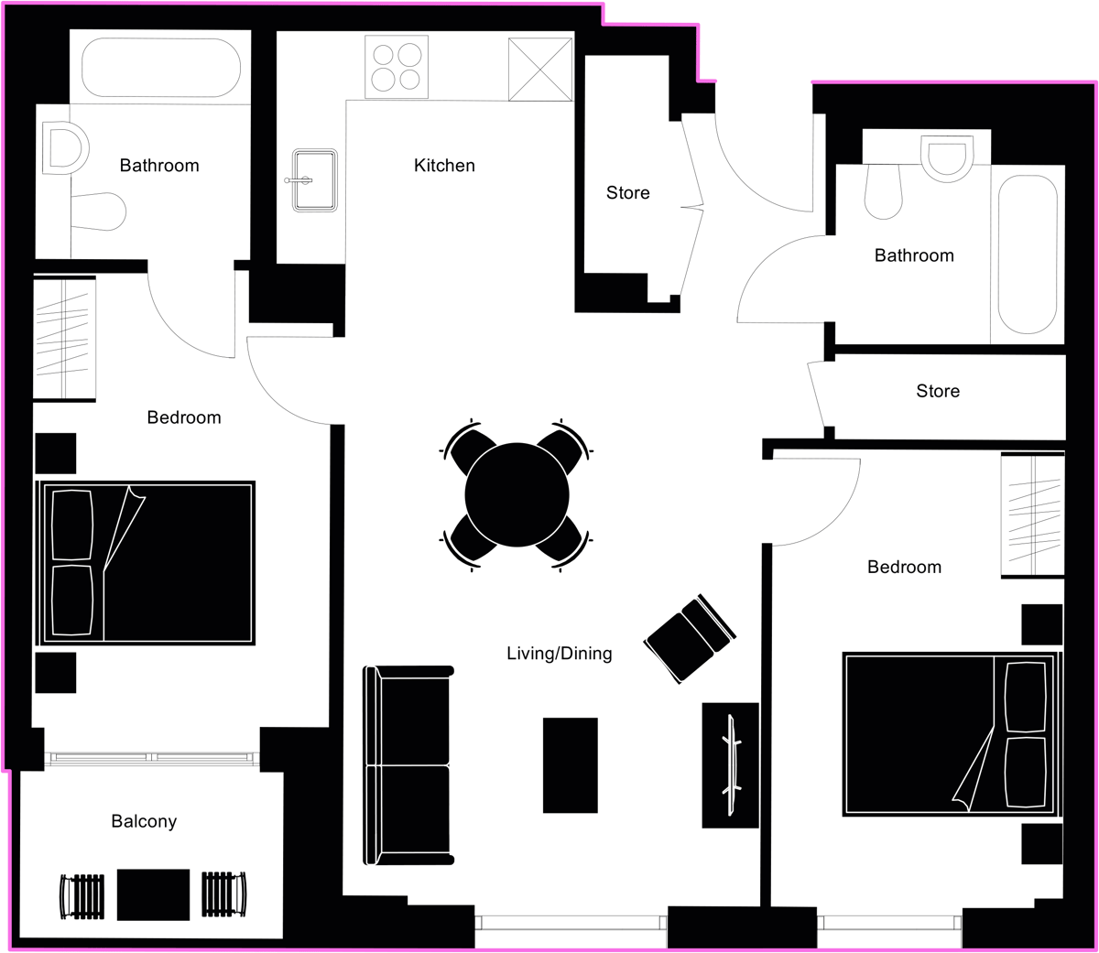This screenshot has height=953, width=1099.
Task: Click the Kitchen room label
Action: pyautogui.click(x=444, y=166)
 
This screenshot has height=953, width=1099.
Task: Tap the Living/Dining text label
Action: pyautogui.click(x=560, y=654)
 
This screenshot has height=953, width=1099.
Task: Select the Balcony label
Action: pyautogui.click(x=144, y=821)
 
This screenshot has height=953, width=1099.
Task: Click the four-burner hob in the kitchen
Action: pyautogui.click(x=397, y=67)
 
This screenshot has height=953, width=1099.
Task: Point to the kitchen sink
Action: pyautogui.click(x=315, y=179)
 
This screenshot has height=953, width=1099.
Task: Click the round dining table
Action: pyautogui.click(x=517, y=495)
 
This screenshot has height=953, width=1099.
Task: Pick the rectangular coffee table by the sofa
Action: pyautogui.click(x=570, y=765)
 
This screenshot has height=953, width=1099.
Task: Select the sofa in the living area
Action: pyautogui.click(x=408, y=765)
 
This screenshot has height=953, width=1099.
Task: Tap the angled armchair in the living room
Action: pyautogui.click(x=690, y=639)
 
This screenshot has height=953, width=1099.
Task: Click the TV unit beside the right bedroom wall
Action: pyautogui.click(x=730, y=765)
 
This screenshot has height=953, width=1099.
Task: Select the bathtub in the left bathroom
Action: pyautogui.click(x=161, y=68)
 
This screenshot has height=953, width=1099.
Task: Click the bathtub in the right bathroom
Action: pyautogui.click(x=1028, y=254)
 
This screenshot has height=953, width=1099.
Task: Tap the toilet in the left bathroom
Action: pyautogui.click(x=98, y=211)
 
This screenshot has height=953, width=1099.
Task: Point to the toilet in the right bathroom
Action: pyautogui.click(x=883, y=190)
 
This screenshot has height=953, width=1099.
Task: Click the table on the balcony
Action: pyautogui.click(x=153, y=895)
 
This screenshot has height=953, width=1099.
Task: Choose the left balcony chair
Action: pyautogui.click(x=82, y=896)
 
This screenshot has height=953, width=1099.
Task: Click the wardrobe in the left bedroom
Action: pyautogui.click(x=64, y=338)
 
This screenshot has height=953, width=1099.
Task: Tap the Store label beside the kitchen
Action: pyautogui.click(x=628, y=193)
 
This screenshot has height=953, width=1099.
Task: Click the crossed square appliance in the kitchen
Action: pyautogui.click(x=540, y=70)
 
